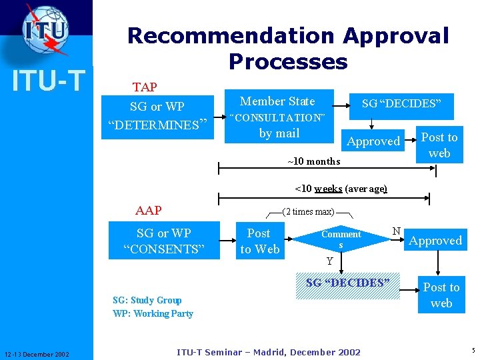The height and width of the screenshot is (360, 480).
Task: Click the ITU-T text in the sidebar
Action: [x=48, y=80]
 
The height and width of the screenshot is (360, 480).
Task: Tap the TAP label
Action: [x=145, y=87]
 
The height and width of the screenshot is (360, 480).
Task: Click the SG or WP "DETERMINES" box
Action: [x=158, y=116]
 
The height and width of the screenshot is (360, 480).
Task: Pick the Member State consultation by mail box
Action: [x=278, y=117]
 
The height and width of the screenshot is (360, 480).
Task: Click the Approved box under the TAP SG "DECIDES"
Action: [x=373, y=141]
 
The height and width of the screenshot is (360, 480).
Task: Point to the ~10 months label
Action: [x=313, y=161]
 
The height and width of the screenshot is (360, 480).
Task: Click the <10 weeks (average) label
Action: [x=341, y=189]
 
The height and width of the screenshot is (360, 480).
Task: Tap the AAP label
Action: [x=148, y=211]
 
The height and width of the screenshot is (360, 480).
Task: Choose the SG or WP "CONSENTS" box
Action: [x=163, y=241]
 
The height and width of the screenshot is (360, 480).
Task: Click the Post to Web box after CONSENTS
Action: [x=259, y=241]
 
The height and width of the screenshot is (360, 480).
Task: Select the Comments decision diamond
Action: [x=341, y=239]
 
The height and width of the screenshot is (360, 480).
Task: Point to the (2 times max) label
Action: [x=308, y=212]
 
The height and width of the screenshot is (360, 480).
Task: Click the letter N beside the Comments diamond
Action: [x=396, y=231]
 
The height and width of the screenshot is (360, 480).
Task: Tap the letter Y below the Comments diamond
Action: [x=329, y=261]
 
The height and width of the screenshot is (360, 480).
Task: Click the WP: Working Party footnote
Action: [x=153, y=313]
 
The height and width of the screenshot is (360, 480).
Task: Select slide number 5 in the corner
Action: [x=472, y=350]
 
